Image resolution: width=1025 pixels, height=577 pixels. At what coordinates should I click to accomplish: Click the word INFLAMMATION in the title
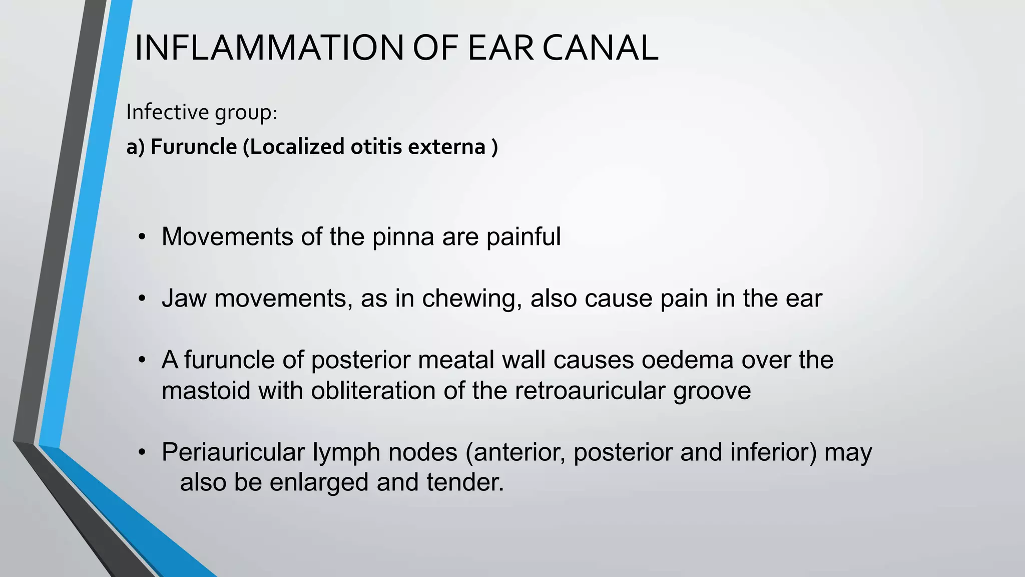(269, 48)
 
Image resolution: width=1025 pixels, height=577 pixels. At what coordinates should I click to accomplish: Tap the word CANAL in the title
(601, 48)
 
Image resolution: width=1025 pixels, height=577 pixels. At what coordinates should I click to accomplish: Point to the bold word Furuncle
(194, 147)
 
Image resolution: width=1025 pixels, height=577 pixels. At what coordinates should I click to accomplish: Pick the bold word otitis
(376, 147)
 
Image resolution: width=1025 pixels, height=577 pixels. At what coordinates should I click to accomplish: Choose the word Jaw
(184, 299)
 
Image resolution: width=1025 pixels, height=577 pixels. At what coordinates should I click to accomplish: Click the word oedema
(688, 360)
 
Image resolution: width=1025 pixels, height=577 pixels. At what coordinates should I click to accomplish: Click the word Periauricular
(233, 452)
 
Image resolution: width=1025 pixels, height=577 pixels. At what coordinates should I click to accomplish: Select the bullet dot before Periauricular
(143, 453)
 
